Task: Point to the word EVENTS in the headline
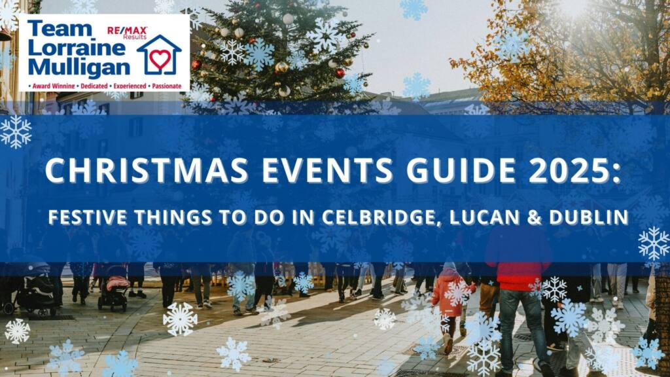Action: tap(327, 170)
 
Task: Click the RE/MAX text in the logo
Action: tap(127, 30)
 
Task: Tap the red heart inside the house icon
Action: tap(160, 59)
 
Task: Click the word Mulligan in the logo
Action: tap(79, 67)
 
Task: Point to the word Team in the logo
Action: tap(60, 29)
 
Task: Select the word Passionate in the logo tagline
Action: tap(167, 86)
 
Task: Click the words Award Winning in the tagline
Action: tap(54, 86)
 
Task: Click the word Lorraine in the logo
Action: tap(77, 48)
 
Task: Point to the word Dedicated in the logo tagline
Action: tap(94, 86)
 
